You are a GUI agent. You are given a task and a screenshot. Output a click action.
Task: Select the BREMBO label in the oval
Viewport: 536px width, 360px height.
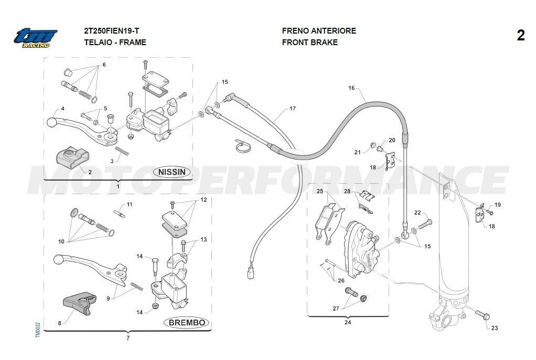coord(187,323)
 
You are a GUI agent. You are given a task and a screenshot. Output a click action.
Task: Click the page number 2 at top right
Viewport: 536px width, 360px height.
coord(520,36)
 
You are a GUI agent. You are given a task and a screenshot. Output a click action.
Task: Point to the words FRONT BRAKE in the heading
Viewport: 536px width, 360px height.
coord(309,43)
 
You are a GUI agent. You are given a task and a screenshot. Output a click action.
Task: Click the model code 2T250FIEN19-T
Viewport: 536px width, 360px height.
coord(112,30)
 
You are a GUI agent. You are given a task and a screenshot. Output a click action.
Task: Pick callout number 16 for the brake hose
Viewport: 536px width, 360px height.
coord(351,88)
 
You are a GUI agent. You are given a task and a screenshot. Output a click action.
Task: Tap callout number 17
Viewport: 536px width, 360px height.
coord(293,109)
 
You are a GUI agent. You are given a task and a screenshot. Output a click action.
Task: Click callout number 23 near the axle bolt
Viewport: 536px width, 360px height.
coord(494,328)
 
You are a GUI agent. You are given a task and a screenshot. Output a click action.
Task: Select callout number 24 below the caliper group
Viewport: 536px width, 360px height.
coord(348,323)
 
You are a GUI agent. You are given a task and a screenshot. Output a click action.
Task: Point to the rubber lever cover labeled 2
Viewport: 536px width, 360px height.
coord(72,156)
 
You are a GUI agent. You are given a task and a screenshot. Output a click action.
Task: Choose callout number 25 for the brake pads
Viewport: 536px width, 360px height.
coord(319,192)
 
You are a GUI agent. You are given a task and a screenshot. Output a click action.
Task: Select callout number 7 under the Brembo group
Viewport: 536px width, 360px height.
coord(127,338)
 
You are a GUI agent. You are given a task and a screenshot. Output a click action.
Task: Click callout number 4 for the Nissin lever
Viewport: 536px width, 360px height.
coord(62,109)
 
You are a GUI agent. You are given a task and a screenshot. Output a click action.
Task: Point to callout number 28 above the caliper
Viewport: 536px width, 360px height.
coord(347,192)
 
